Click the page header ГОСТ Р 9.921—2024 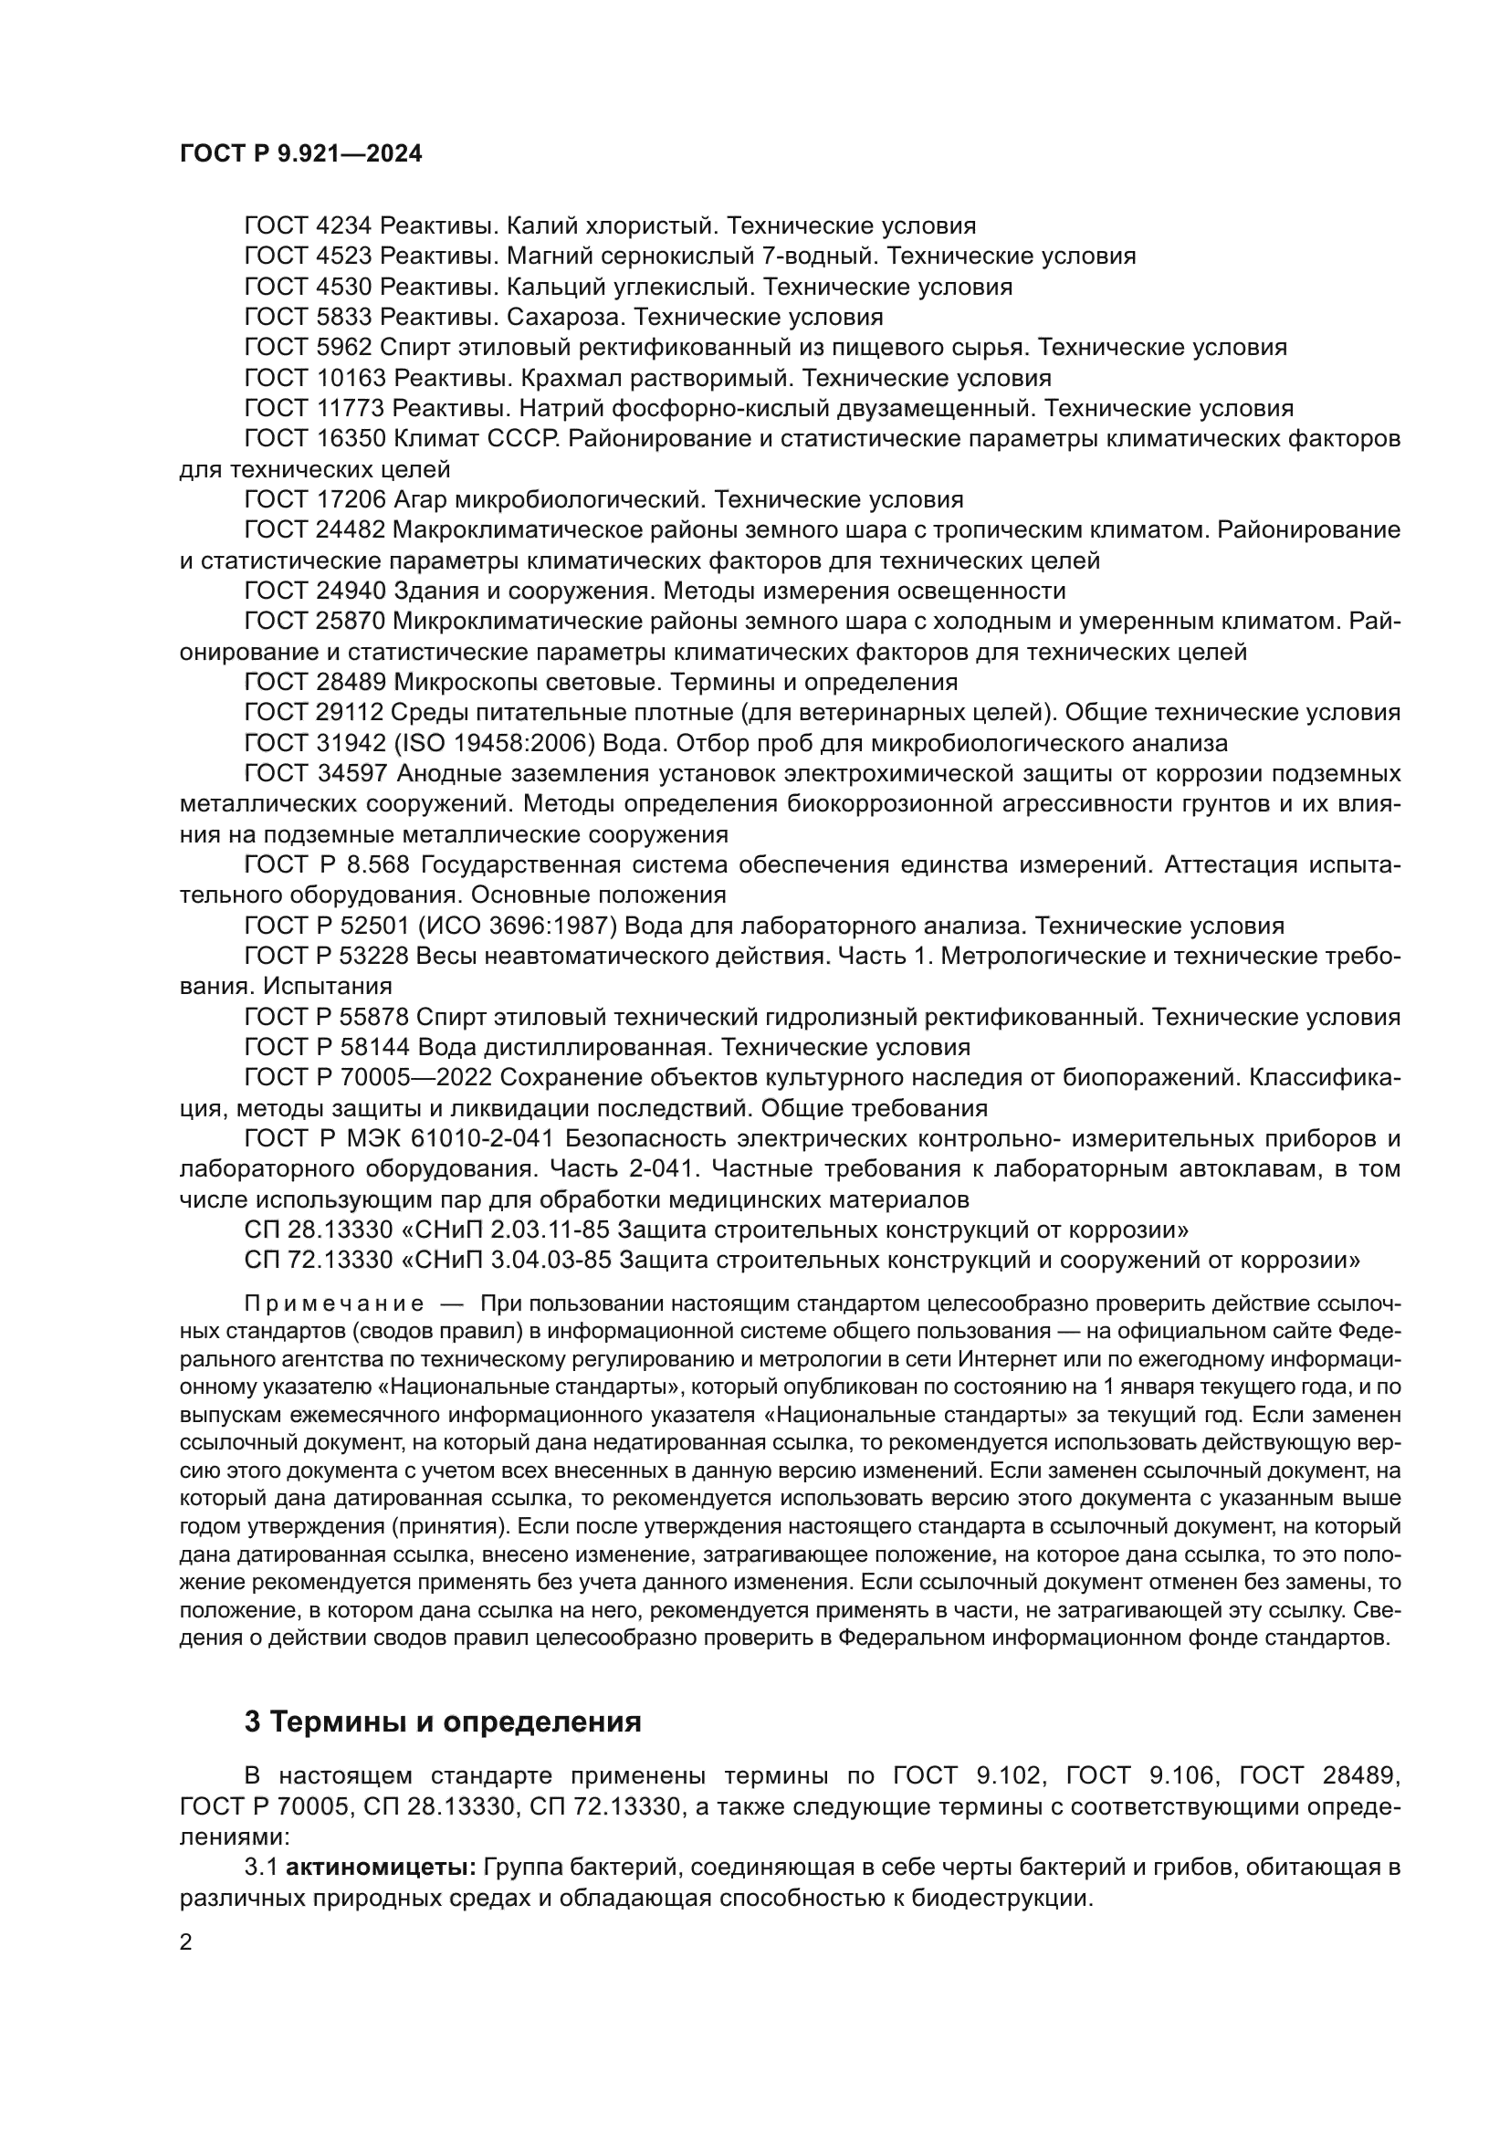pyautogui.click(x=300, y=154)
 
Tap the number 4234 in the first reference pyautogui.click(x=344, y=226)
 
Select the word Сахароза pyautogui.click(x=567, y=317)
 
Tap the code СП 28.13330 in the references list pyautogui.click(x=312, y=1230)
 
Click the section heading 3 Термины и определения pyautogui.click(x=443, y=1722)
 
